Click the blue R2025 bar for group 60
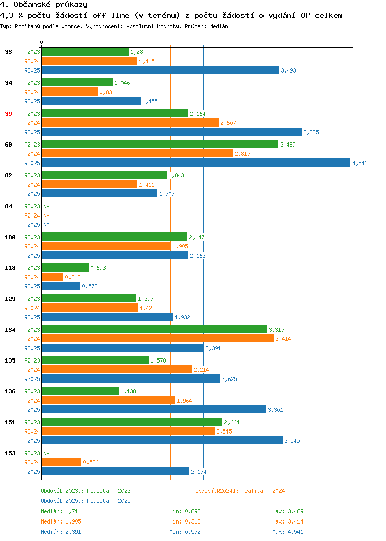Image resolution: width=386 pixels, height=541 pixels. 196,163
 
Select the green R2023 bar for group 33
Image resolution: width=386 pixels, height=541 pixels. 85,52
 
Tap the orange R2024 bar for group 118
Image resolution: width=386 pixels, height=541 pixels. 53,277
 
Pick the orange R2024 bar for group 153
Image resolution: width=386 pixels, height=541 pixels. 62,462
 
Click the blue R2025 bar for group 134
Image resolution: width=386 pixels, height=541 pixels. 123,348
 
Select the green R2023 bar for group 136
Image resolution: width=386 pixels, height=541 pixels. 80,391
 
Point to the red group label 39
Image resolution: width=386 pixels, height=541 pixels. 9,114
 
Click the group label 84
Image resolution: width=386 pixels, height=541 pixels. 9,206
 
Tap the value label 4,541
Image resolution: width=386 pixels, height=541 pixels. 360,163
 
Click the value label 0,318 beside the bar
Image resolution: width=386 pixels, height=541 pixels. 73,277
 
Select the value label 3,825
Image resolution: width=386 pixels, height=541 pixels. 311,132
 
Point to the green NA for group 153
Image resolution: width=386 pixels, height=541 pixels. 47,453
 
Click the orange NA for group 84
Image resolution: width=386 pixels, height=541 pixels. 47,215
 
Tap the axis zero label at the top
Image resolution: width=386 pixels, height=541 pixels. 42,42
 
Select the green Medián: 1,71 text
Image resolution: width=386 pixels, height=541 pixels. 59,511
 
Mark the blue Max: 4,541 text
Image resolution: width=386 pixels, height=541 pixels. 288,532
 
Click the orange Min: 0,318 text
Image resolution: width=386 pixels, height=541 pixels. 185,521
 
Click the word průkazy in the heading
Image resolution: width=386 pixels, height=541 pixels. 72,5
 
